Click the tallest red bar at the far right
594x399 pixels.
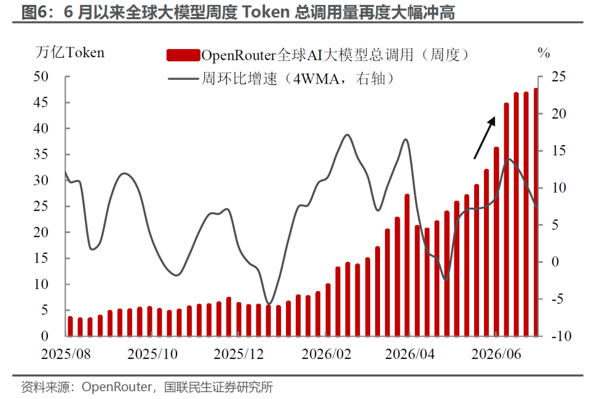coord(536,212)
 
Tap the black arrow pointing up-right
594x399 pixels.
coord(485,137)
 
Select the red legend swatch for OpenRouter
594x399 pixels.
coord(183,56)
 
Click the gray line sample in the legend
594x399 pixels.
coord(183,79)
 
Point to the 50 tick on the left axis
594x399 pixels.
coord(41,76)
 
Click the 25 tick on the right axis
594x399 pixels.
coord(558,76)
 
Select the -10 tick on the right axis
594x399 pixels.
coord(561,336)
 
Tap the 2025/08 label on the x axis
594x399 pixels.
coord(66,354)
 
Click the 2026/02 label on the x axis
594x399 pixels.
coord(326,354)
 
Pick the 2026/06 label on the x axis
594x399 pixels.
coord(496,354)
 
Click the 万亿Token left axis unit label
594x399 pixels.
coord(70,52)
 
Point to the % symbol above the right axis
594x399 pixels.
coord(543,53)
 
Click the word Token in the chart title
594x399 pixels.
coord(266,12)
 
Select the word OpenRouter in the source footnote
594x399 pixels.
coord(117,387)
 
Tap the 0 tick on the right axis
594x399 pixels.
coord(555,262)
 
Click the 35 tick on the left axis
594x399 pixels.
coord(41,154)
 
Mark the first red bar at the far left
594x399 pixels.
coord(70,326)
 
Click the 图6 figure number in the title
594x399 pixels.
coord(34,12)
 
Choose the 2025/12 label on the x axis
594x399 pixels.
coord(238,354)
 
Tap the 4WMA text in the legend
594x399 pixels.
coord(316,79)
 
